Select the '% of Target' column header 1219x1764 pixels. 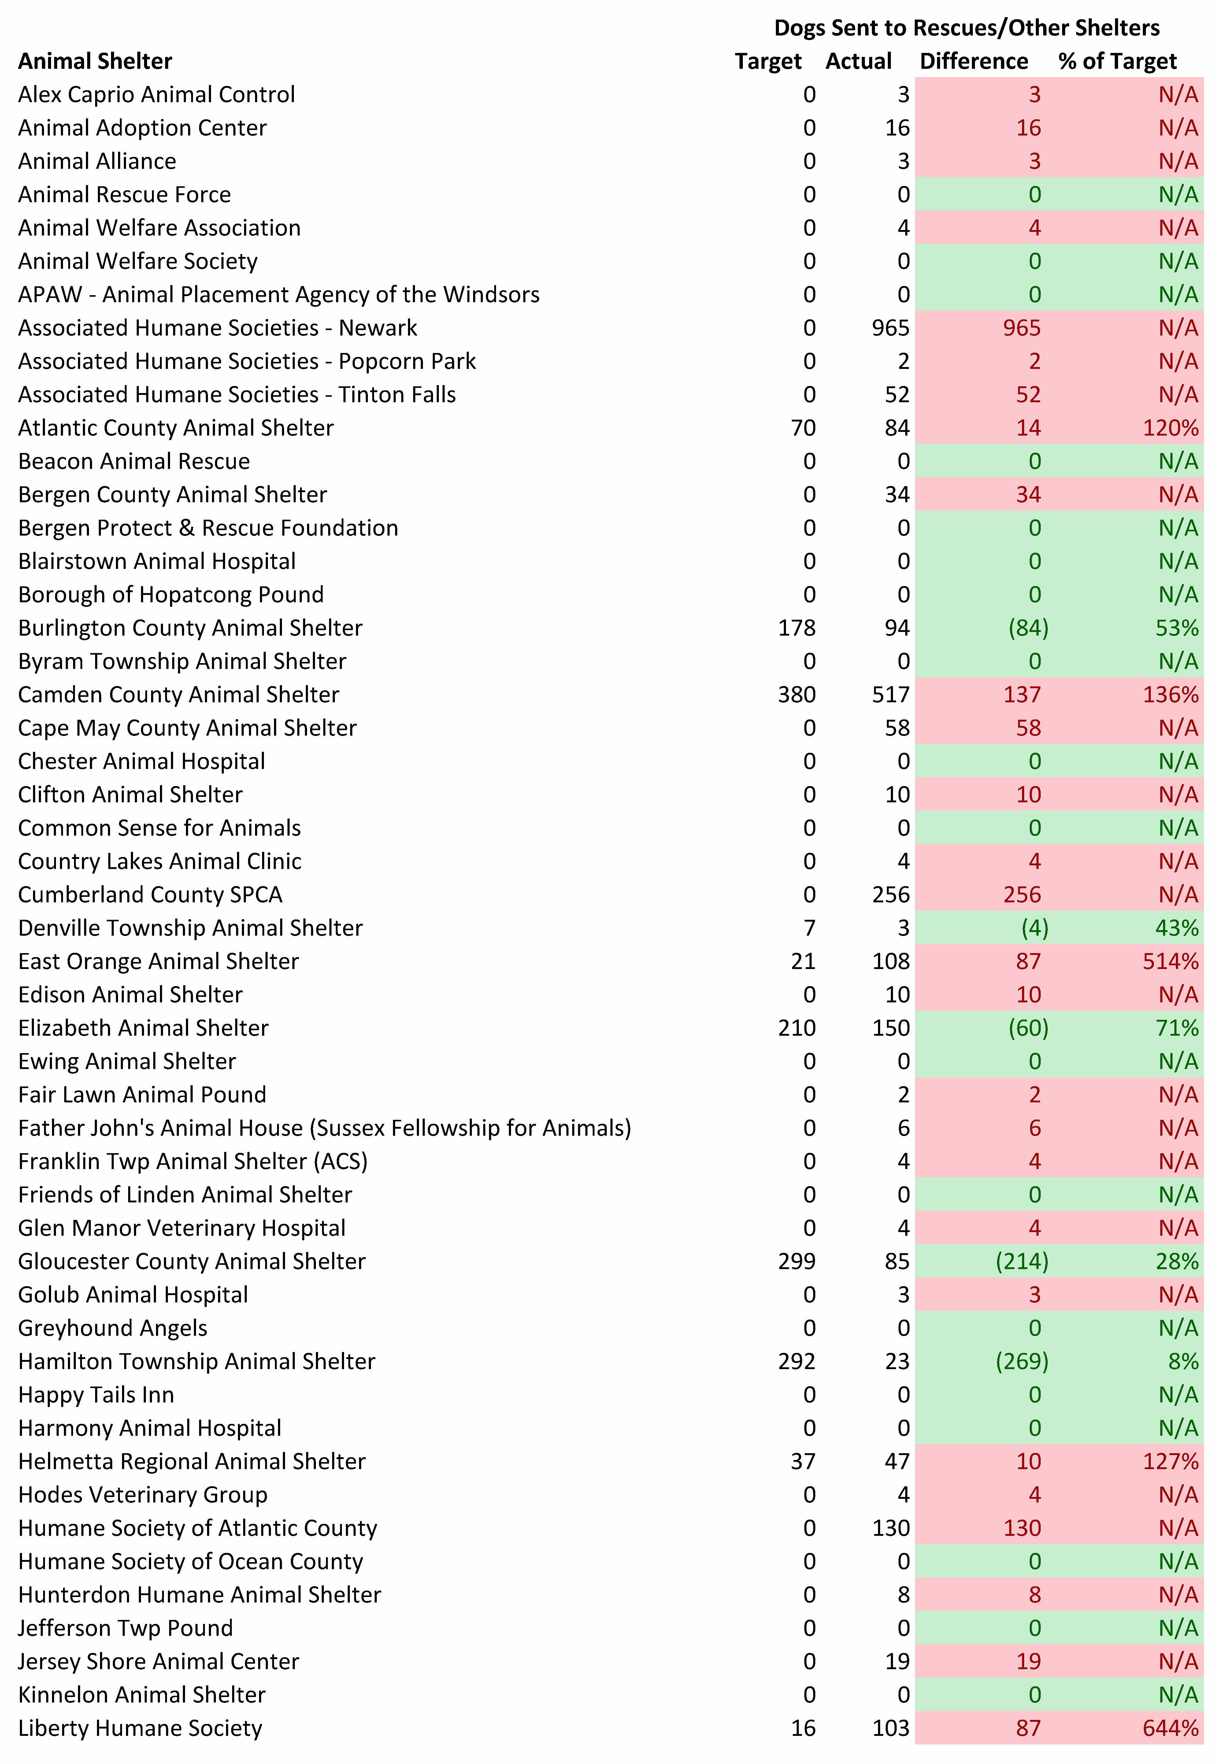coord(1117,61)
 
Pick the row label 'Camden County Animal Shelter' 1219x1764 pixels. coord(179,694)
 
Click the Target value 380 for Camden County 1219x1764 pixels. coord(797,694)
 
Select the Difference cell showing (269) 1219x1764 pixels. coord(1022,1361)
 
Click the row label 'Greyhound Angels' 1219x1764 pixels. coord(113,1328)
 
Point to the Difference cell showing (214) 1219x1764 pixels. coord(1022,1261)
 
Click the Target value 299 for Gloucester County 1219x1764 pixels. coord(797,1261)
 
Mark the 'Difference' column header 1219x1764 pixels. coord(974,61)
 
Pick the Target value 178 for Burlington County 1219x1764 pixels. coord(797,628)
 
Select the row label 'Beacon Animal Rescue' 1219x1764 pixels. coord(135,462)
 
